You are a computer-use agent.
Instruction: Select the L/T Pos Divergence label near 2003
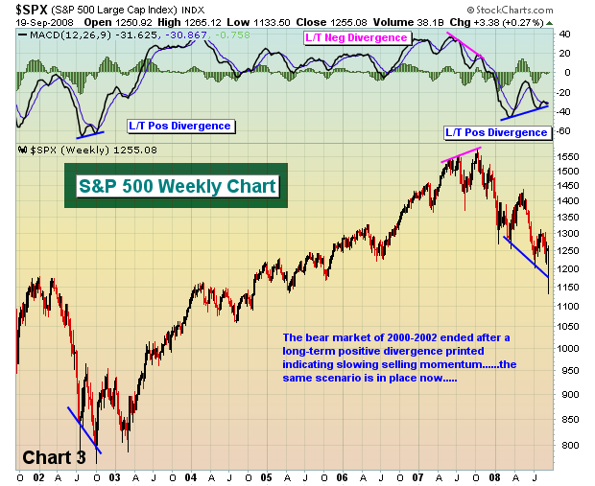(x=180, y=125)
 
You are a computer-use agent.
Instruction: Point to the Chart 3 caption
(x=54, y=457)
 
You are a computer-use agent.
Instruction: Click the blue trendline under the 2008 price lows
(x=527, y=258)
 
